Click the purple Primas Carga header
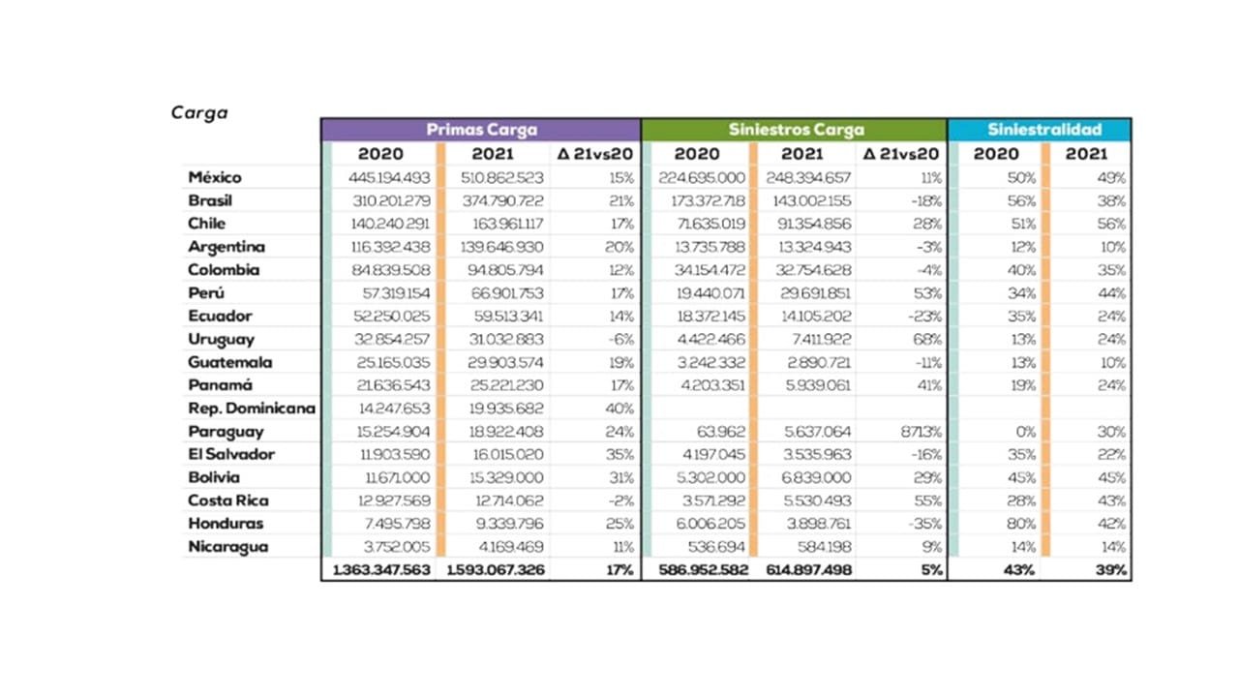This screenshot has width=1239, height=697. point(481,130)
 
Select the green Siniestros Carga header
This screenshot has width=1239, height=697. point(796,130)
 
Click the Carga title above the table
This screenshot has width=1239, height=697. point(199,111)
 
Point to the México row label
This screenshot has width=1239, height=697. point(215,177)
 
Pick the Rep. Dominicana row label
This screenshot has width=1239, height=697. point(252,408)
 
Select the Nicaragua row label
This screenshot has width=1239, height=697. point(228,546)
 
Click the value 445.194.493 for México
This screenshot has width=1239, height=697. point(390,177)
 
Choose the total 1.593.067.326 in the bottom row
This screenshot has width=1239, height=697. point(496,569)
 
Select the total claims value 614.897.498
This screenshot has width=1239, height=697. point(806,569)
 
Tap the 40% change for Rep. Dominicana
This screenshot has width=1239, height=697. point(619,408)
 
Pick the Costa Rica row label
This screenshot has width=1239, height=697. point(228,500)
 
